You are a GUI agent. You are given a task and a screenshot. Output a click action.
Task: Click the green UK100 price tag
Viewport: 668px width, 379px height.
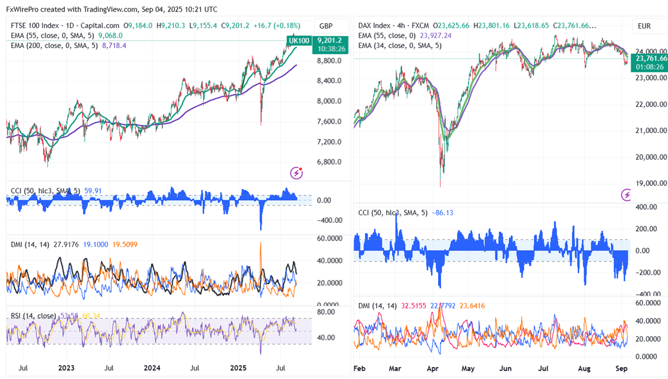coord(298,40)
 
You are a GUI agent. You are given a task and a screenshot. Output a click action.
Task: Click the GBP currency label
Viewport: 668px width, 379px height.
coord(326,26)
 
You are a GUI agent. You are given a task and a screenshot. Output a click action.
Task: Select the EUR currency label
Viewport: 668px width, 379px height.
coord(644,26)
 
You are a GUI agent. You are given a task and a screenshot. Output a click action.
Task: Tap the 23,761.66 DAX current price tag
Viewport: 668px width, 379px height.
coord(651,58)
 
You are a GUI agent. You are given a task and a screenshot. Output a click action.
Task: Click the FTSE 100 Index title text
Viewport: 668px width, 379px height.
coord(36,26)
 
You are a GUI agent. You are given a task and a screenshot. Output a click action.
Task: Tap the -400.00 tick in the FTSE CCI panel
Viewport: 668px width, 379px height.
coord(329,220)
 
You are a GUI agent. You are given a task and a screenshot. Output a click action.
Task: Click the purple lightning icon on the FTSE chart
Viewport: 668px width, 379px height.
coord(296,173)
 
